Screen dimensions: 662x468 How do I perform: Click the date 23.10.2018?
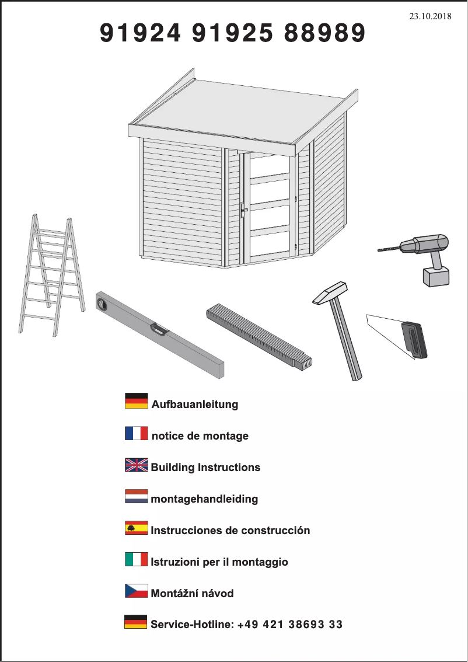click(430, 16)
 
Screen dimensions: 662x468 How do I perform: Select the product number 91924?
click(140, 34)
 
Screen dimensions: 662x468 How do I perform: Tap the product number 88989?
click(324, 34)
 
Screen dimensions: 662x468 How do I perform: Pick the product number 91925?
click(232, 34)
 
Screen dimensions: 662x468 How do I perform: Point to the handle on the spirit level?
click(159, 329)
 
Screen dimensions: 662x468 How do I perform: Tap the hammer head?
click(330, 292)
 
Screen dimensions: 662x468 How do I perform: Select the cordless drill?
click(423, 254)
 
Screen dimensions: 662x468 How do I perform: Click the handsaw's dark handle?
click(414, 340)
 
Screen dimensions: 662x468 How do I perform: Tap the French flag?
click(136, 433)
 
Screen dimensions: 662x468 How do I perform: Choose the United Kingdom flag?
click(136, 465)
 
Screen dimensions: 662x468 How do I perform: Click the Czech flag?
click(136, 591)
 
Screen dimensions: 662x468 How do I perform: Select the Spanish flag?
click(136, 528)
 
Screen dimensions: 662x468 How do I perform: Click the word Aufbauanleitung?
click(195, 405)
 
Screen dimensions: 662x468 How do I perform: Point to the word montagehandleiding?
click(204, 500)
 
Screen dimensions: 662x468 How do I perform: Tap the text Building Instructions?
click(205, 468)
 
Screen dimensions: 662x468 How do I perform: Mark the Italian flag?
click(136, 559)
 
